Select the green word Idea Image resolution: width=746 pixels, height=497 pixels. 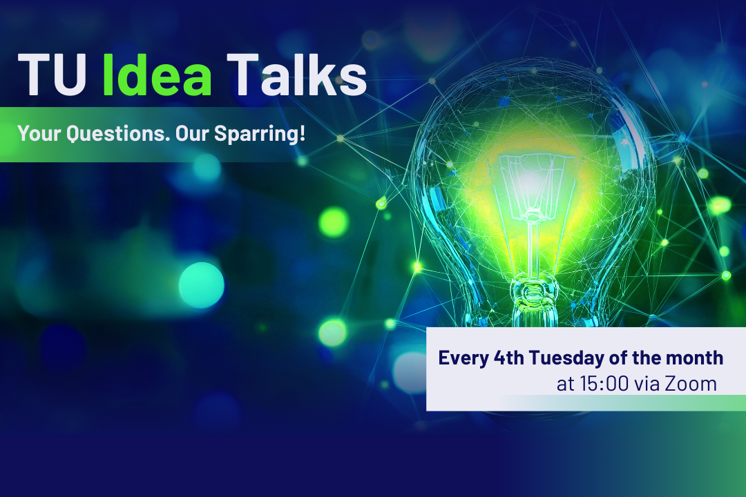coord(157,74)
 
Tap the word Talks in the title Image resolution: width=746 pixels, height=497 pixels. coord(296,74)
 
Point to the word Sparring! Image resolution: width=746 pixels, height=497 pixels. coord(260,134)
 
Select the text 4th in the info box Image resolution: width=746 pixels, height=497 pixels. coord(508,358)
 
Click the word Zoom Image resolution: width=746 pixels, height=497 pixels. coord(691,384)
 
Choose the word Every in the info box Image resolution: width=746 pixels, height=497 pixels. coord(463,358)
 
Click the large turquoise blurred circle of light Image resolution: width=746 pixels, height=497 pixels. coord(201,285)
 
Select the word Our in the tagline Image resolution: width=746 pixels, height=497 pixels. coord(192,134)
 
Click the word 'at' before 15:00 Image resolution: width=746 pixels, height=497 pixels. coord(566,384)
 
